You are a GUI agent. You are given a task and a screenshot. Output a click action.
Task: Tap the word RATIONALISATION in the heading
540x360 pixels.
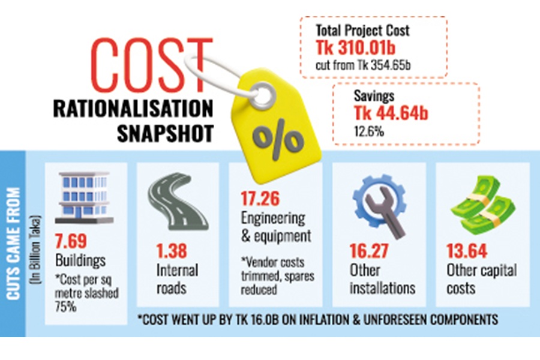(x=134, y=110)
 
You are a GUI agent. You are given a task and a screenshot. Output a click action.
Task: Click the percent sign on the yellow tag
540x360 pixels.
(x=278, y=139)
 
